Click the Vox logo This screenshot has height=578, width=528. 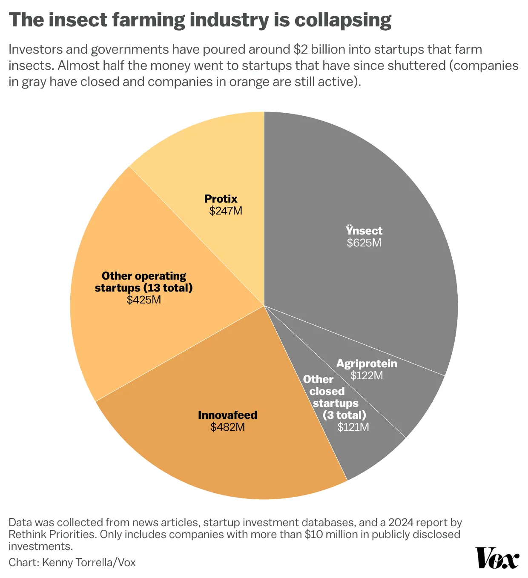497,558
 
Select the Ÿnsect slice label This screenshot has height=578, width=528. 364,231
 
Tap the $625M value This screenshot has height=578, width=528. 364,243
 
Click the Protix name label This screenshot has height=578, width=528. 221,199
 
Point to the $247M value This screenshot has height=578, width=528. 226,211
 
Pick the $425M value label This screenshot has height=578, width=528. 144,300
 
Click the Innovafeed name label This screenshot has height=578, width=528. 227,415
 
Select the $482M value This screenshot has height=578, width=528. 227,427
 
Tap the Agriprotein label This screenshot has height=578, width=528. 367,363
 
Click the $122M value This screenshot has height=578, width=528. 367,375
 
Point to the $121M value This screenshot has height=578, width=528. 353,427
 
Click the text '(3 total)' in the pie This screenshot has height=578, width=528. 344,415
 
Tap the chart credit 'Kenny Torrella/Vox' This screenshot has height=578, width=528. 89,562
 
